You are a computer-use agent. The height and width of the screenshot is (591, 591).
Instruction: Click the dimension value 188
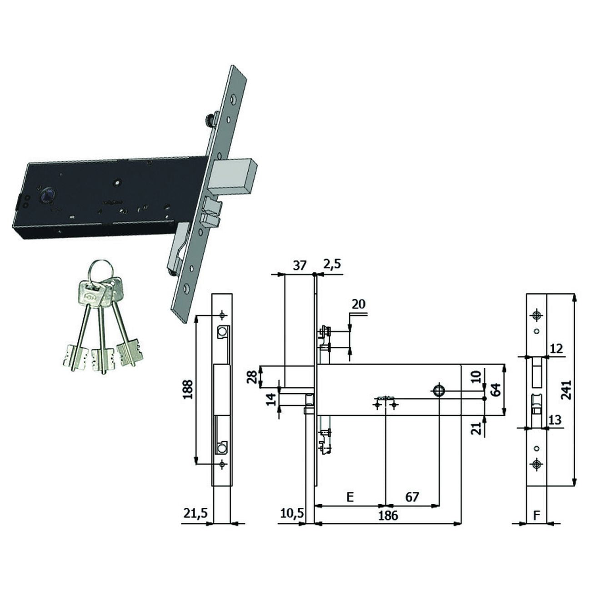coord(188,390)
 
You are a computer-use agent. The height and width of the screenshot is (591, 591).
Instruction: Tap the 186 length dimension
coord(388,516)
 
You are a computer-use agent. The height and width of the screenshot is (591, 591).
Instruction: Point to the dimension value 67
coord(412,497)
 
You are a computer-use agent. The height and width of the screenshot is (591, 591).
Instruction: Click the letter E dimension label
coord(350,497)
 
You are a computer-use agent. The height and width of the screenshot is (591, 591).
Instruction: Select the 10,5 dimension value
coord(292,513)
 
